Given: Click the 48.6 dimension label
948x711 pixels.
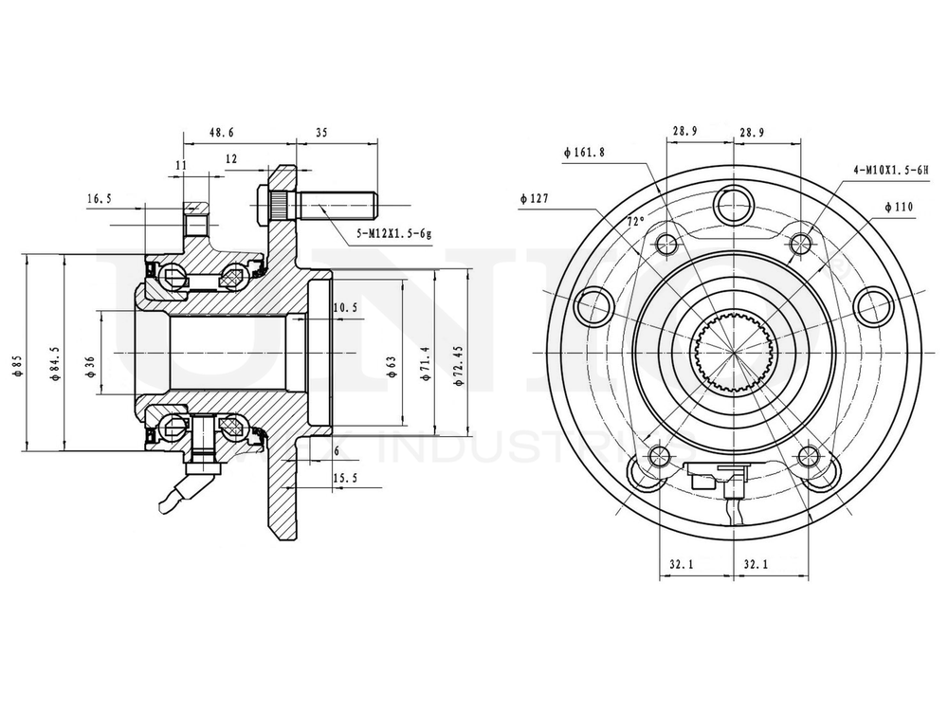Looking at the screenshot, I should tap(222, 135).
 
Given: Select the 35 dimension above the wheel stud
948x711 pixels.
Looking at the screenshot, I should tap(320, 135).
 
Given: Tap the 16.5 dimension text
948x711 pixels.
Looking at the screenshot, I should tap(100, 199).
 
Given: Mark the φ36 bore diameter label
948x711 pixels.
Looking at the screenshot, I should tap(90, 366).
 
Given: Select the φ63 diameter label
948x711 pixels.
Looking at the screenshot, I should tap(392, 366).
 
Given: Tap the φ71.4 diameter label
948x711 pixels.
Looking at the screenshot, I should tap(426, 363).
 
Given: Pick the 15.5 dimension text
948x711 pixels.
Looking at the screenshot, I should tap(346, 477).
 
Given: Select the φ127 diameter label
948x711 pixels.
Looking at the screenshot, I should tap(535, 199).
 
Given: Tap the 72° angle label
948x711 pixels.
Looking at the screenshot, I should tap(635, 221).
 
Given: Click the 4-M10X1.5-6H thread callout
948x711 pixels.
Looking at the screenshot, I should tap(888, 170).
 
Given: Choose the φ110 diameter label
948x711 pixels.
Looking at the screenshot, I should tap(899, 207).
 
